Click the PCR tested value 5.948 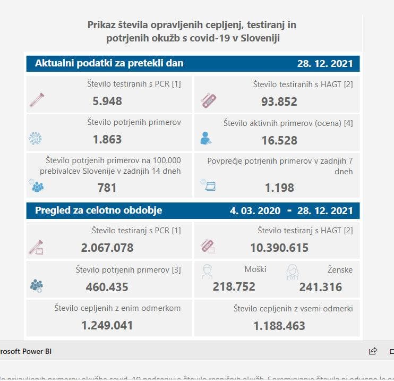107,101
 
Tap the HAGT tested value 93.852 279,101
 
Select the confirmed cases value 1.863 107,140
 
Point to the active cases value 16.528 279,140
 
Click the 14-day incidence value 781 107,188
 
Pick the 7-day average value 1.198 279,188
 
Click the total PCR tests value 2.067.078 107,248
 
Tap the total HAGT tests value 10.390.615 279,248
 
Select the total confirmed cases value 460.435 107,287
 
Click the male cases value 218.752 234,287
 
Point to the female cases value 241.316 320,287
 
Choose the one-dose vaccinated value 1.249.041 107,325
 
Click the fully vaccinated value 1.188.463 279,325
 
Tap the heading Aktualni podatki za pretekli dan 109,63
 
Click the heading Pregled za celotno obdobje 98,210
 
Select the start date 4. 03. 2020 255,211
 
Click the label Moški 255,270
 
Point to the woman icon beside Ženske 293,272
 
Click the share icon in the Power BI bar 373,351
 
